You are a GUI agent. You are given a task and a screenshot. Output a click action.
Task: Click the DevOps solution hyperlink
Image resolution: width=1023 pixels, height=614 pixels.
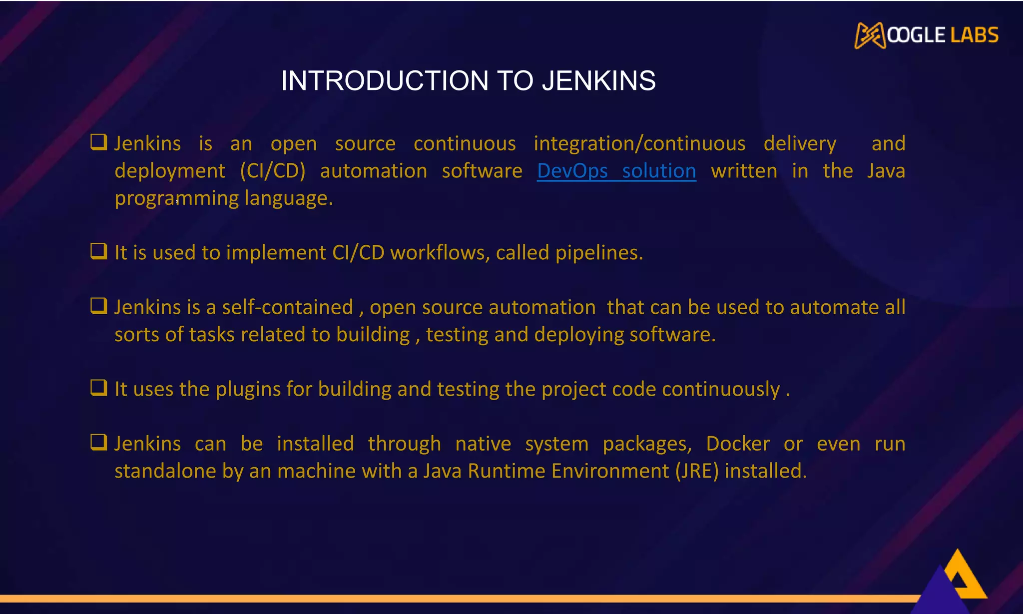point(616,171)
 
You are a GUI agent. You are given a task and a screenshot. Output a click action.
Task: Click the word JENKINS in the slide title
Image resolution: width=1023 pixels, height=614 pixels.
point(598,81)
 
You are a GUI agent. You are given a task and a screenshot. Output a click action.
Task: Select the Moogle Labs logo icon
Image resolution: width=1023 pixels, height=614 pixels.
point(870,35)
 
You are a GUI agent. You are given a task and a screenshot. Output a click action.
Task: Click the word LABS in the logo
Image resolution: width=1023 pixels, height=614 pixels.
point(974,35)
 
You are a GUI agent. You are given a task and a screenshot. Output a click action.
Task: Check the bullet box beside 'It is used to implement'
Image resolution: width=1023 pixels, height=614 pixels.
point(98,251)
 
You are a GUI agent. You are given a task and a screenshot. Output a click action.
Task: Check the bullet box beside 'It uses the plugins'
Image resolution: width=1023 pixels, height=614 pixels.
point(98,387)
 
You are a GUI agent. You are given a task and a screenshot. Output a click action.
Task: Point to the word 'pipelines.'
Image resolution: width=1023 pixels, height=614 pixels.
point(599,253)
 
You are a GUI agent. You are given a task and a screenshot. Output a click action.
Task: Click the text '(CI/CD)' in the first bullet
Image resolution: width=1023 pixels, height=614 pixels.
point(272,171)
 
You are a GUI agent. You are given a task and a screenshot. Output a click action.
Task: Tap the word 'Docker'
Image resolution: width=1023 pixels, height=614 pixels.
point(737,444)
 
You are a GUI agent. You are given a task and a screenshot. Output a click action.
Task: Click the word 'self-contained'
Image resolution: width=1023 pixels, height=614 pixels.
point(287,307)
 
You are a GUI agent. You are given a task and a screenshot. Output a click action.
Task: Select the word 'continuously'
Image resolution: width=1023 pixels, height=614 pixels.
point(721,390)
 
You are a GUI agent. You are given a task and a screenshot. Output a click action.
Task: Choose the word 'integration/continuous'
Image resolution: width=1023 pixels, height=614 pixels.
point(639,144)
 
